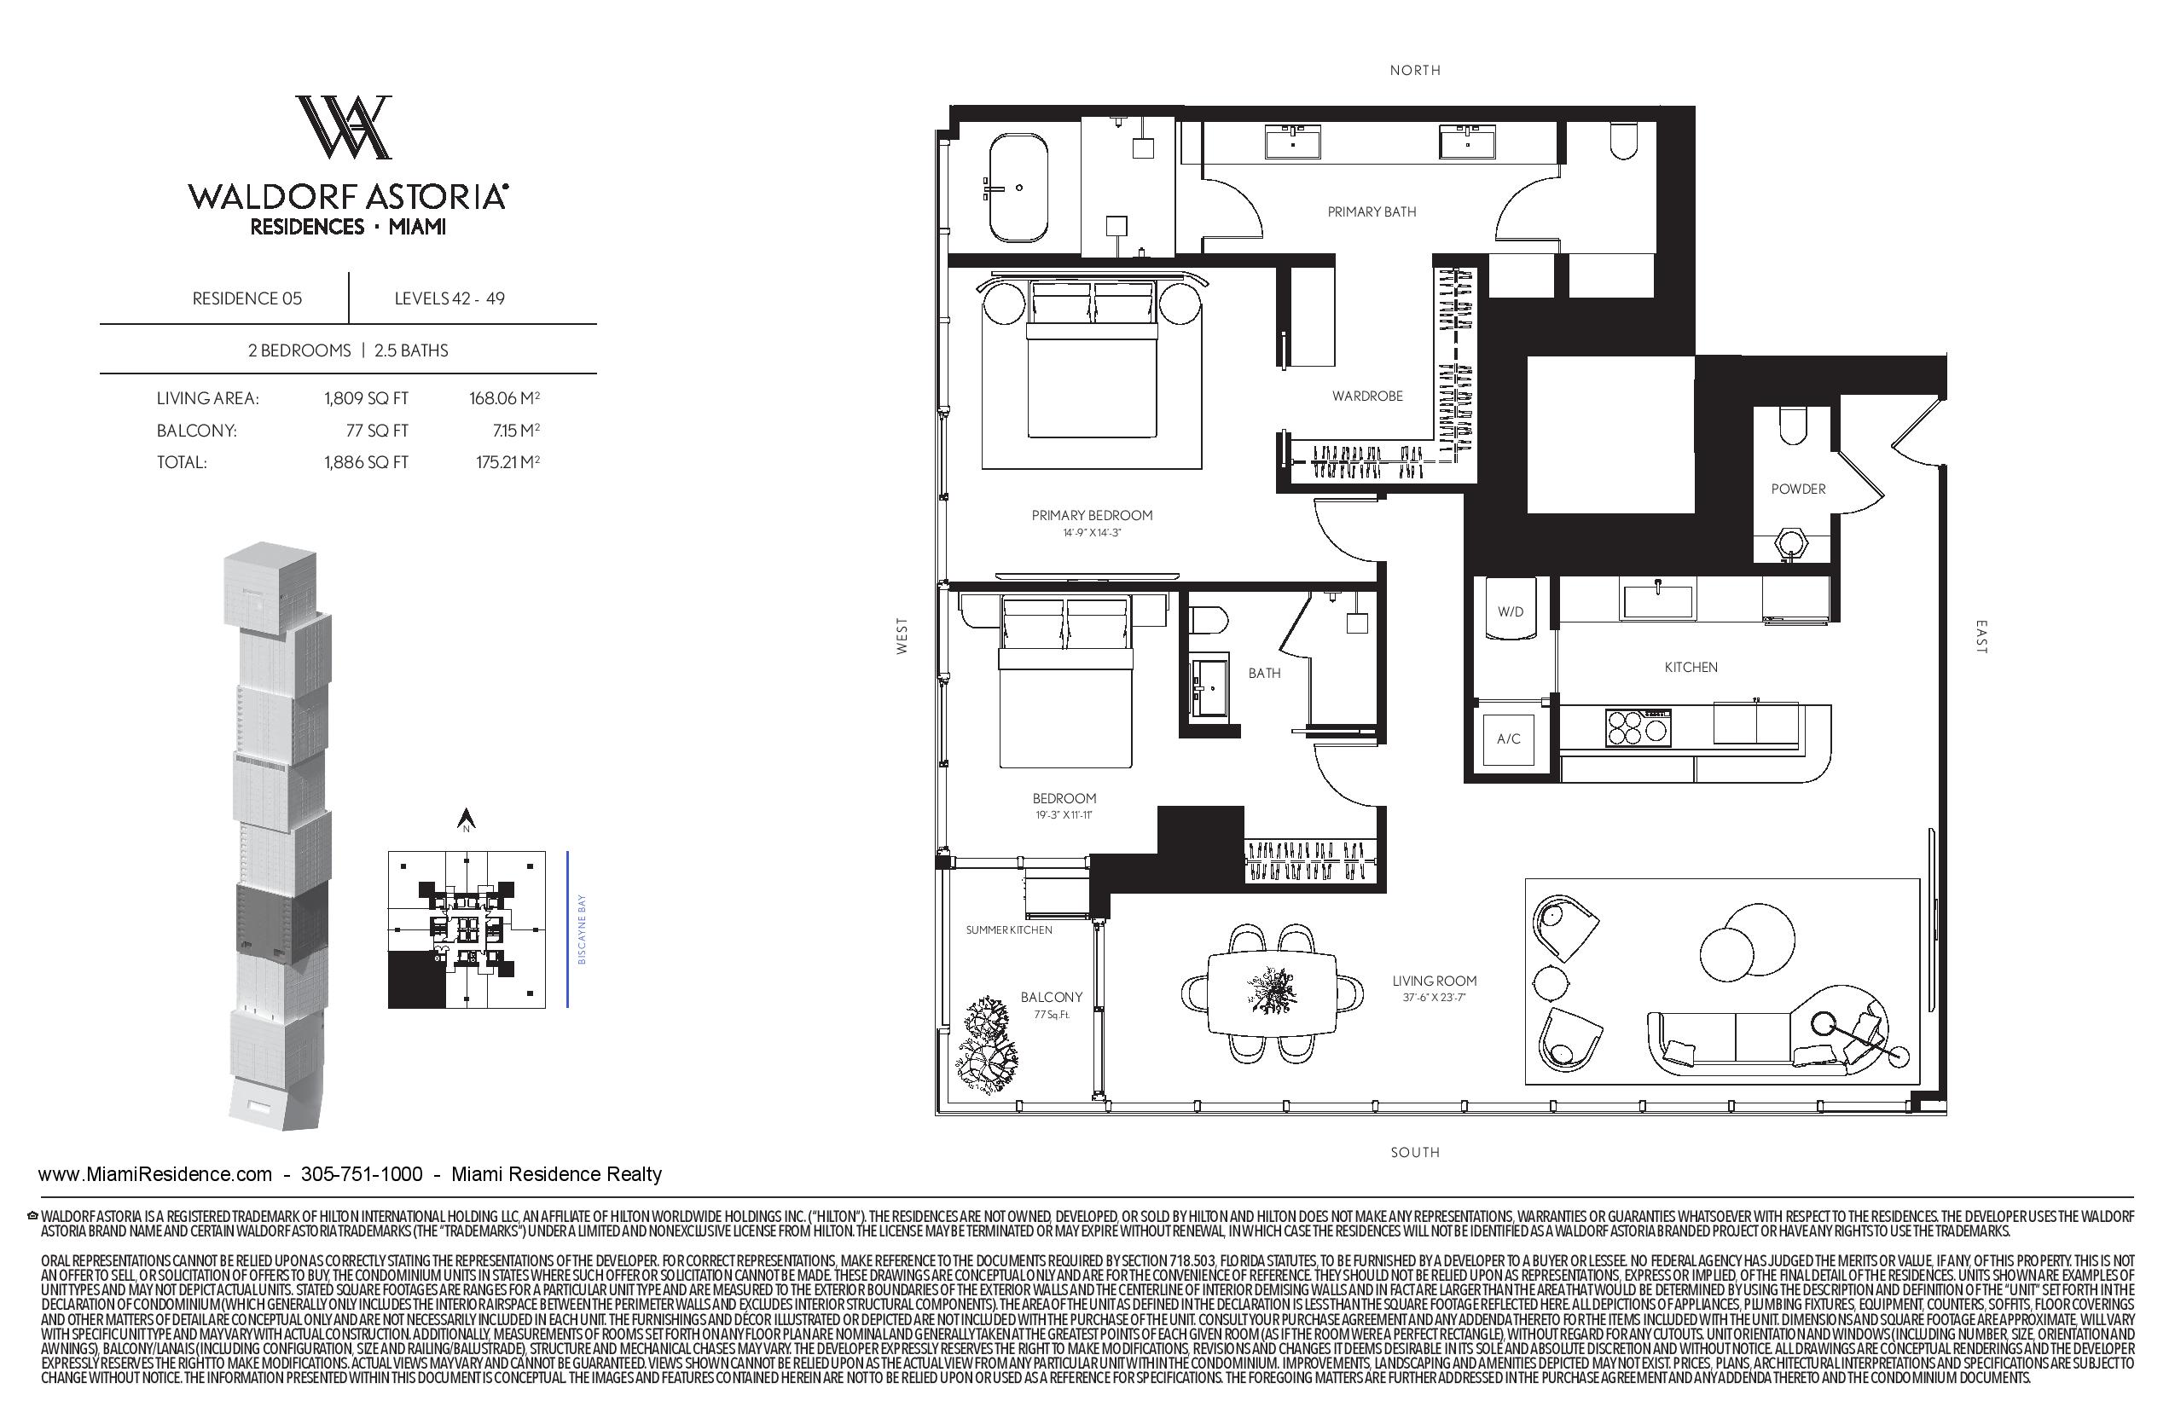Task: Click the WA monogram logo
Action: (x=344, y=127)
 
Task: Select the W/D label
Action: (x=1510, y=612)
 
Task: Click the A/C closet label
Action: (x=1509, y=738)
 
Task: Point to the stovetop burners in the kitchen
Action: (x=1638, y=728)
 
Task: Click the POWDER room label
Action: (x=1798, y=489)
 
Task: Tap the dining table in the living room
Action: (x=1272, y=993)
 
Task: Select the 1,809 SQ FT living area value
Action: (x=366, y=398)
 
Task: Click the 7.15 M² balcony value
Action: (x=507, y=430)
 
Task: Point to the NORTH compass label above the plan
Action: (x=1415, y=70)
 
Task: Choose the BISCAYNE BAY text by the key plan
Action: (x=582, y=929)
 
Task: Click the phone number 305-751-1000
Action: (x=362, y=1174)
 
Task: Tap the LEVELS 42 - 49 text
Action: (x=449, y=298)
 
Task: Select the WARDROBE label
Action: (x=1367, y=396)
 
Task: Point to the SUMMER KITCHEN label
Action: (x=1009, y=930)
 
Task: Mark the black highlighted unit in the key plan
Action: (x=417, y=980)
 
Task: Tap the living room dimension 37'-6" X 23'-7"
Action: (x=1434, y=998)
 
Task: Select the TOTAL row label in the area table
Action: (x=182, y=462)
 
